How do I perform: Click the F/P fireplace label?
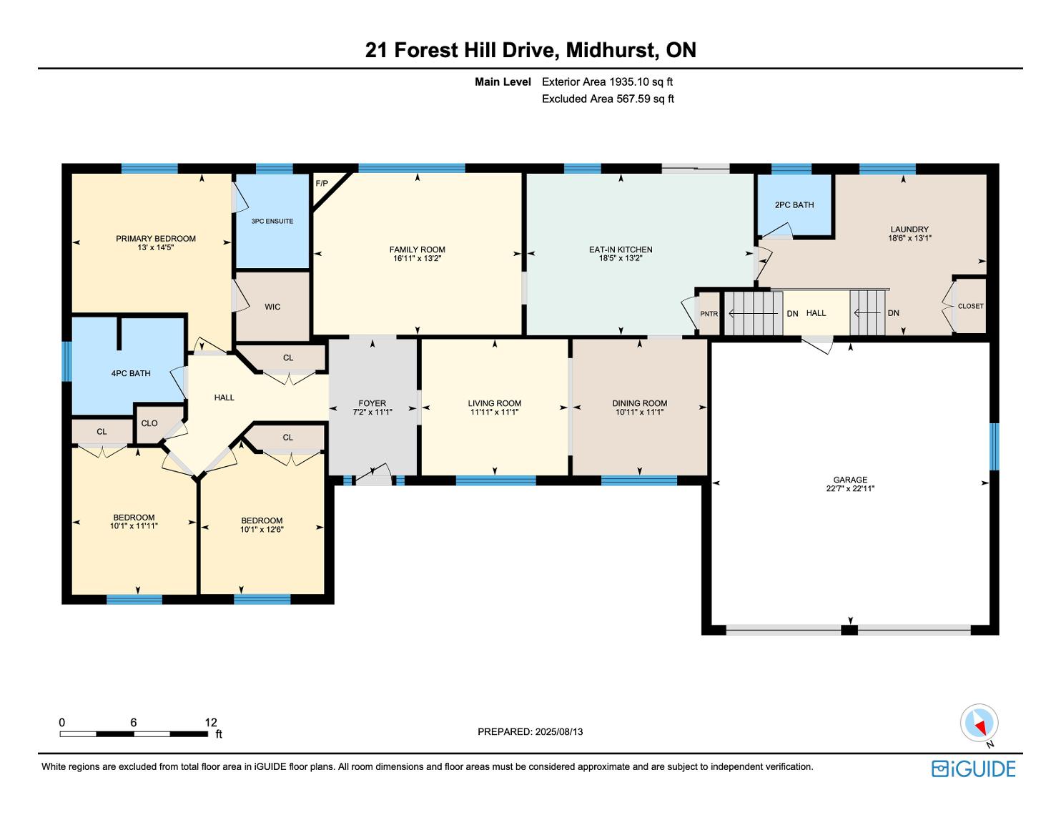click(x=322, y=184)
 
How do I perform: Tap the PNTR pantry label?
click(x=709, y=314)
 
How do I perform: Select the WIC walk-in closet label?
click(x=272, y=307)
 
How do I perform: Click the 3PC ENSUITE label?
click(x=272, y=221)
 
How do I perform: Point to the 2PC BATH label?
click(x=794, y=205)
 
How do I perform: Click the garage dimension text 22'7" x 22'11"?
click(x=850, y=488)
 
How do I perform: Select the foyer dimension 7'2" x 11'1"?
click(x=372, y=412)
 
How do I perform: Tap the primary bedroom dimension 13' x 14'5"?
click(x=156, y=247)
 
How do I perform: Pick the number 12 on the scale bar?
click(x=211, y=722)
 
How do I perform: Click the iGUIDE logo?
click(x=974, y=769)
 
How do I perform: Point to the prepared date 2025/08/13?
click(x=559, y=731)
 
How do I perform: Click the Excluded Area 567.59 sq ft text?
click(x=608, y=99)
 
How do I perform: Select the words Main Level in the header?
click(x=503, y=82)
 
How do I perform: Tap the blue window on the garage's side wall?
click(x=994, y=447)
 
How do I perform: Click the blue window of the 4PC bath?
click(x=67, y=361)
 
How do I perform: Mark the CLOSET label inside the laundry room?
click(x=971, y=306)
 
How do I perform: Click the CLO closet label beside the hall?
click(x=149, y=423)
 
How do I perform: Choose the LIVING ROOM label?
click(x=495, y=403)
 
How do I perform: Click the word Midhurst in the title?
click(x=611, y=50)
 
